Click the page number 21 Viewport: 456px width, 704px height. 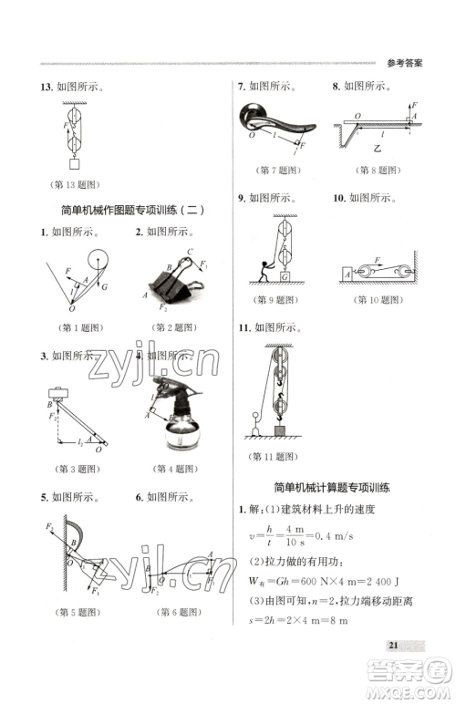[394, 646]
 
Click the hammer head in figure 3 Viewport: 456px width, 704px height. [59, 394]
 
